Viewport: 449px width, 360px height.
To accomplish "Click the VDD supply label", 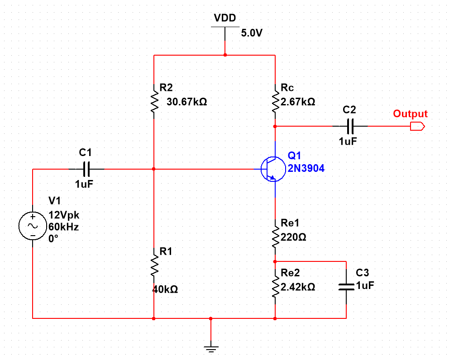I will (225, 18).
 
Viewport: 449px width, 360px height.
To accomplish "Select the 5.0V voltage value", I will (252, 33).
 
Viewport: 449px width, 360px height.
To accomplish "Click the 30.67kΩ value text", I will (187, 102).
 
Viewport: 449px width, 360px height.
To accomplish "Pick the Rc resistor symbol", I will (275, 102).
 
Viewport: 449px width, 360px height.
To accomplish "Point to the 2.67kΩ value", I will (298, 102).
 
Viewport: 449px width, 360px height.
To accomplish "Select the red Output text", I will (410, 114).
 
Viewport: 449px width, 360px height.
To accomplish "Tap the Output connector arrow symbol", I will (417, 126).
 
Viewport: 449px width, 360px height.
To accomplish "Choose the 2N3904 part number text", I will (306, 168).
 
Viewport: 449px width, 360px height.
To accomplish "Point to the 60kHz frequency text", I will (63, 227).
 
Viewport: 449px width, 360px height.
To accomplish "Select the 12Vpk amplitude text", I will (63, 215).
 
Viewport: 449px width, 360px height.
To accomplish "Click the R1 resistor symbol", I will (154, 265).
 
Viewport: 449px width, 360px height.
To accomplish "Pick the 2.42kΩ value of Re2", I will (298, 287).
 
